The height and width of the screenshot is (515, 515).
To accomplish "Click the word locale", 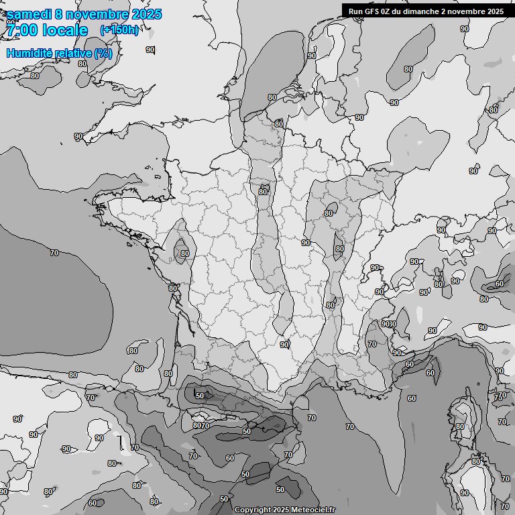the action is click(x=65, y=30).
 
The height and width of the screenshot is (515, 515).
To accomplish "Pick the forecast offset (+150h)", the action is click(x=119, y=30).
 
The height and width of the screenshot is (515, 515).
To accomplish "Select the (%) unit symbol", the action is click(x=103, y=53).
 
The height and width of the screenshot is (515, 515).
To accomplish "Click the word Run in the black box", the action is click(x=356, y=11).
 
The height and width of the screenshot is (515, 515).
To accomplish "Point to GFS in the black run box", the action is click(x=373, y=11).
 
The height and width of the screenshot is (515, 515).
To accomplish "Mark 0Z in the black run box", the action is click(x=388, y=11).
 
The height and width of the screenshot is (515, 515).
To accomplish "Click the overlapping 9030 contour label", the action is click(x=389, y=325).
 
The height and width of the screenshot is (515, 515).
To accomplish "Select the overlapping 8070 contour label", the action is click(x=201, y=425).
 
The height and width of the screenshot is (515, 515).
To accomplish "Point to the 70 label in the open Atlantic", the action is click(x=54, y=253).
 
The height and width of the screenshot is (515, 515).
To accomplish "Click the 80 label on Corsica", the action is click(x=460, y=426).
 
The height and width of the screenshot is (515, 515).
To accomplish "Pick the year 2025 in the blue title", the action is click(x=146, y=14).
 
